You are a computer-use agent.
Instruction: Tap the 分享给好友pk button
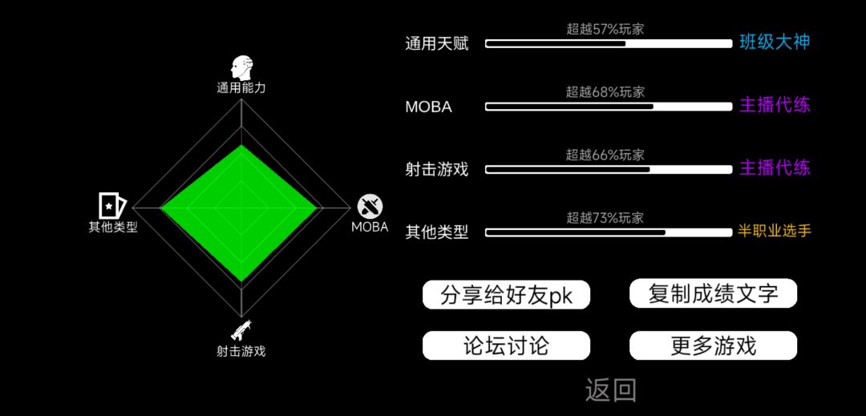(x=506, y=295)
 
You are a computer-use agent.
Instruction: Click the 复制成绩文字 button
(x=713, y=293)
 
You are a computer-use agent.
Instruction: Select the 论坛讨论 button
(x=506, y=345)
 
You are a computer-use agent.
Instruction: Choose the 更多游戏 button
(x=713, y=345)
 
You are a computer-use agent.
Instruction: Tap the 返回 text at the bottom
(x=611, y=390)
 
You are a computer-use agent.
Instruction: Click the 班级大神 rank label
(x=775, y=42)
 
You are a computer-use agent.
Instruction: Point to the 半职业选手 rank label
(x=775, y=231)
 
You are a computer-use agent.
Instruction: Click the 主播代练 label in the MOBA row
(x=775, y=105)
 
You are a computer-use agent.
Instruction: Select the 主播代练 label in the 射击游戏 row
(x=775, y=168)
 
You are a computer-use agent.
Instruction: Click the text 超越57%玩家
(x=605, y=29)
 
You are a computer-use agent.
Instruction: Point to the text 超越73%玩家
(x=605, y=218)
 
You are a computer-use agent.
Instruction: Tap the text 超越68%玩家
(x=605, y=92)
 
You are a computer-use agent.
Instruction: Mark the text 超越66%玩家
(x=605, y=155)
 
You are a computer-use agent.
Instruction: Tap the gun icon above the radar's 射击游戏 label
(x=241, y=329)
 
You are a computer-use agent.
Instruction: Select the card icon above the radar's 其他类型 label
(x=112, y=205)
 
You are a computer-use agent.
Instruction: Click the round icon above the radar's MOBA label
(x=370, y=206)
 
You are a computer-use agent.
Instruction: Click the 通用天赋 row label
(x=436, y=43)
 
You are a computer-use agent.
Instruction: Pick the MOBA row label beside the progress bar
(x=428, y=107)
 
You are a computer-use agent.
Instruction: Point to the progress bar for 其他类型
(x=609, y=232)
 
